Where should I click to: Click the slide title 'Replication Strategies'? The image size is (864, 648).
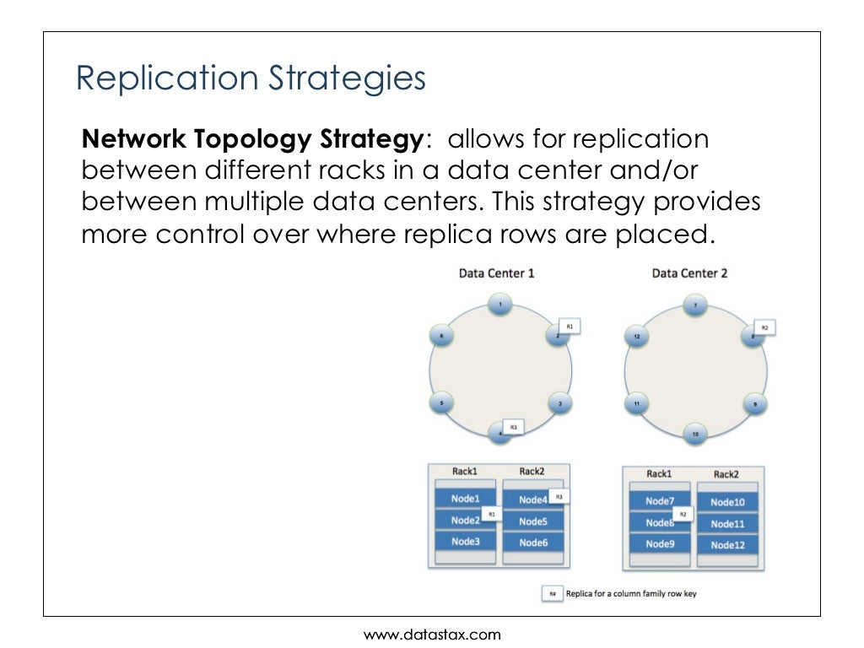[251, 78]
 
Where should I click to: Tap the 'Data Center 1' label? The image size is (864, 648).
[496, 273]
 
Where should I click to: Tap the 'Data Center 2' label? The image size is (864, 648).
[689, 273]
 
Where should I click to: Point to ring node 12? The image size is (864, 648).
[637, 337]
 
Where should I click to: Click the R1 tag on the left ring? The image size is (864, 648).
[570, 326]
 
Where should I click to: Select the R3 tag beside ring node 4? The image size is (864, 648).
[513, 428]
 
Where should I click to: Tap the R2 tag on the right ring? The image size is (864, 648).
[764, 327]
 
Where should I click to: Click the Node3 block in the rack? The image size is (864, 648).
[465, 542]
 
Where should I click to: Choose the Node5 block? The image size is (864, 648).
[533, 521]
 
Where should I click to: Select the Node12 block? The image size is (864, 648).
[726, 545]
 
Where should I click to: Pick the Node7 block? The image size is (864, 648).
[660, 501]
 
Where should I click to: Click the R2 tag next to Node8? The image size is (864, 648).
[683, 513]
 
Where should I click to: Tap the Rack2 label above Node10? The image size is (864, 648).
[726, 474]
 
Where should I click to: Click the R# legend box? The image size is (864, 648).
[553, 594]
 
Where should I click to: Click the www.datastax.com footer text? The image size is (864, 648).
[432, 634]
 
